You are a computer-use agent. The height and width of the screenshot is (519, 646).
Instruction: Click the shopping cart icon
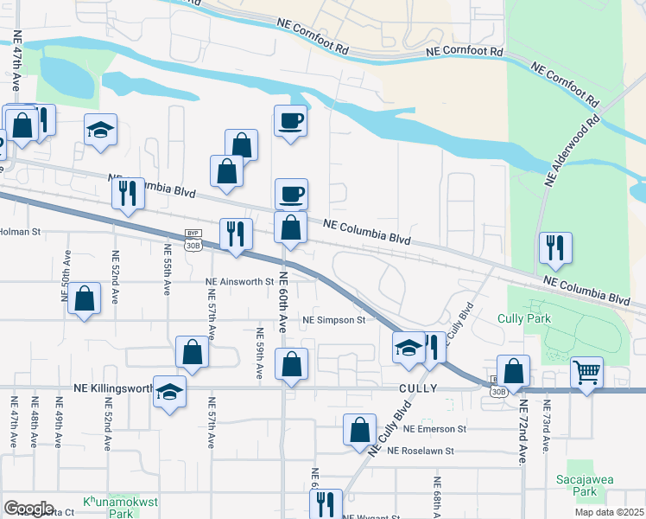coord(586,373)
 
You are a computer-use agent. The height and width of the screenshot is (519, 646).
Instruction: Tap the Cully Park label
coord(522,318)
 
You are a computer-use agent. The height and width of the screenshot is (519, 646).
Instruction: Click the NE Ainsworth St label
coord(238,281)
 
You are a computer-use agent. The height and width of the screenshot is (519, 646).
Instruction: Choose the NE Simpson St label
coord(334,320)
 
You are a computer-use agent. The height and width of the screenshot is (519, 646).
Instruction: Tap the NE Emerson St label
coord(434,428)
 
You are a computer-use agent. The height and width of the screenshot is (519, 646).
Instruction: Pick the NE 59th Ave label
coord(259,353)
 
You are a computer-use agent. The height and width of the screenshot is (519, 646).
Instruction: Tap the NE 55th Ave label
coord(168,270)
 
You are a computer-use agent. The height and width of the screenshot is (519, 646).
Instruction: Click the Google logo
coord(28,509)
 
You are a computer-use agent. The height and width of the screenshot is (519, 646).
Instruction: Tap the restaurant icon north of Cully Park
coord(551,247)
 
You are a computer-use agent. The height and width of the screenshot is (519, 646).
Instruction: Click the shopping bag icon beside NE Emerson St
coord(359,430)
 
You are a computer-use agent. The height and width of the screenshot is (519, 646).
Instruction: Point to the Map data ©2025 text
coord(609,512)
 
